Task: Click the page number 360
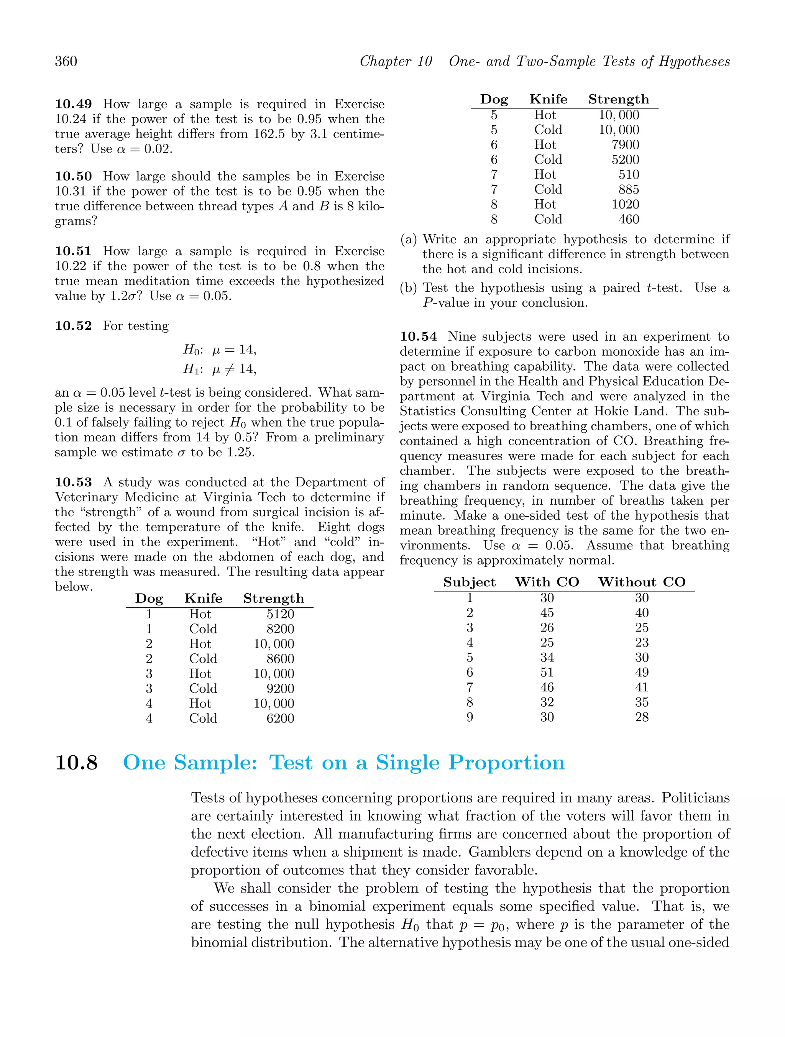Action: [x=66, y=61]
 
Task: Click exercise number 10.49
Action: [x=73, y=104]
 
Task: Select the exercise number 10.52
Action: [x=73, y=326]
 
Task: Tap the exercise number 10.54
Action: [x=418, y=336]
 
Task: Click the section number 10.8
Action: [x=76, y=763]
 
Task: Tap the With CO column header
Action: [x=547, y=582]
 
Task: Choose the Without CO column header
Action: [x=642, y=582]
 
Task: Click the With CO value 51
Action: [x=547, y=673]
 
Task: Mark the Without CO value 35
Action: [x=642, y=702]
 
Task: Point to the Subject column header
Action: [x=470, y=582]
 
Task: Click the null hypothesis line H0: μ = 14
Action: [x=220, y=350]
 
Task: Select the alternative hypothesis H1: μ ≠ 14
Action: [x=220, y=369]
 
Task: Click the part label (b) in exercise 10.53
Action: [x=409, y=288]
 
